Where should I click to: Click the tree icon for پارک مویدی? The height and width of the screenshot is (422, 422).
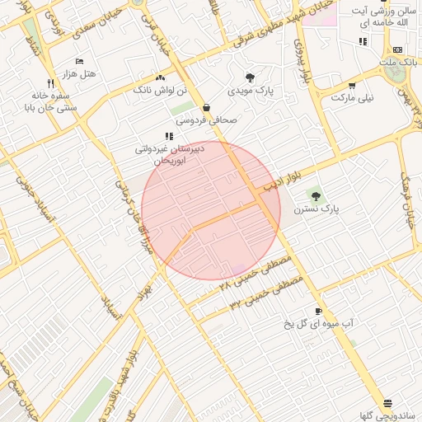(x=251, y=77)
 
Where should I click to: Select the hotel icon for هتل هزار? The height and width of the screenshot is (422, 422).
(x=79, y=62)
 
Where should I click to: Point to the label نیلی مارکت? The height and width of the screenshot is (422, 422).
(x=352, y=97)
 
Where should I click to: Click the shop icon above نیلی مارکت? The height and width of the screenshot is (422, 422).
(x=352, y=85)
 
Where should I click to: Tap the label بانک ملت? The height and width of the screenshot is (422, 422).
(x=399, y=63)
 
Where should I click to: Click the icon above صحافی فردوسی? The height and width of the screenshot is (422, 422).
(x=205, y=107)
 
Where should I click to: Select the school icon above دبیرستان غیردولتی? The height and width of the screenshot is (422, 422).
(x=169, y=136)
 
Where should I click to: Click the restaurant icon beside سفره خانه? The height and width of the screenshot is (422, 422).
(x=51, y=83)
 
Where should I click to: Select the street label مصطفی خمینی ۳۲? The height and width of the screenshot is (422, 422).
(x=266, y=293)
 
